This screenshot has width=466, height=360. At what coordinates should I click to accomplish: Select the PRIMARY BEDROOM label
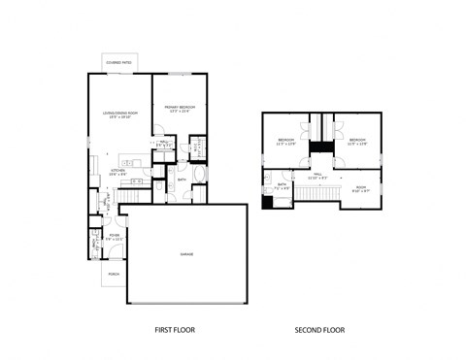pyautogui.click(x=180, y=108)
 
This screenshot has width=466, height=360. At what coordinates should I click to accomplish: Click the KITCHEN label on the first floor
pyautogui.click(x=117, y=171)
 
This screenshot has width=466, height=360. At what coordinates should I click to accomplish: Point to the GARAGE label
pyautogui.click(x=185, y=254)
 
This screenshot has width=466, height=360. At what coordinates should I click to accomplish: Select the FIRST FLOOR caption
pyautogui.click(x=175, y=331)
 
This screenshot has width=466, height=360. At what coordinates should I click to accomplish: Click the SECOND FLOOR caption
pyautogui.click(x=319, y=331)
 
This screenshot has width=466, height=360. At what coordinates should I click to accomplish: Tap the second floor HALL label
pyautogui.click(x=316, y=176)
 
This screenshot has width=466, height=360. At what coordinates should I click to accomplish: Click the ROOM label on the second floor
pyautogui.click(x=360, y=188)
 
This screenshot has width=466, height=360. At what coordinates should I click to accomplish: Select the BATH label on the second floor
pyautogui.click(x=282, y=184)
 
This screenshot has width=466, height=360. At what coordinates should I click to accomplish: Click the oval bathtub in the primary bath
pyautogui.click(x=200, y=176)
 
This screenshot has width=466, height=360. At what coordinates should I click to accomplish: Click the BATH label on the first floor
pyautogui.click(x=182, y=180)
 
